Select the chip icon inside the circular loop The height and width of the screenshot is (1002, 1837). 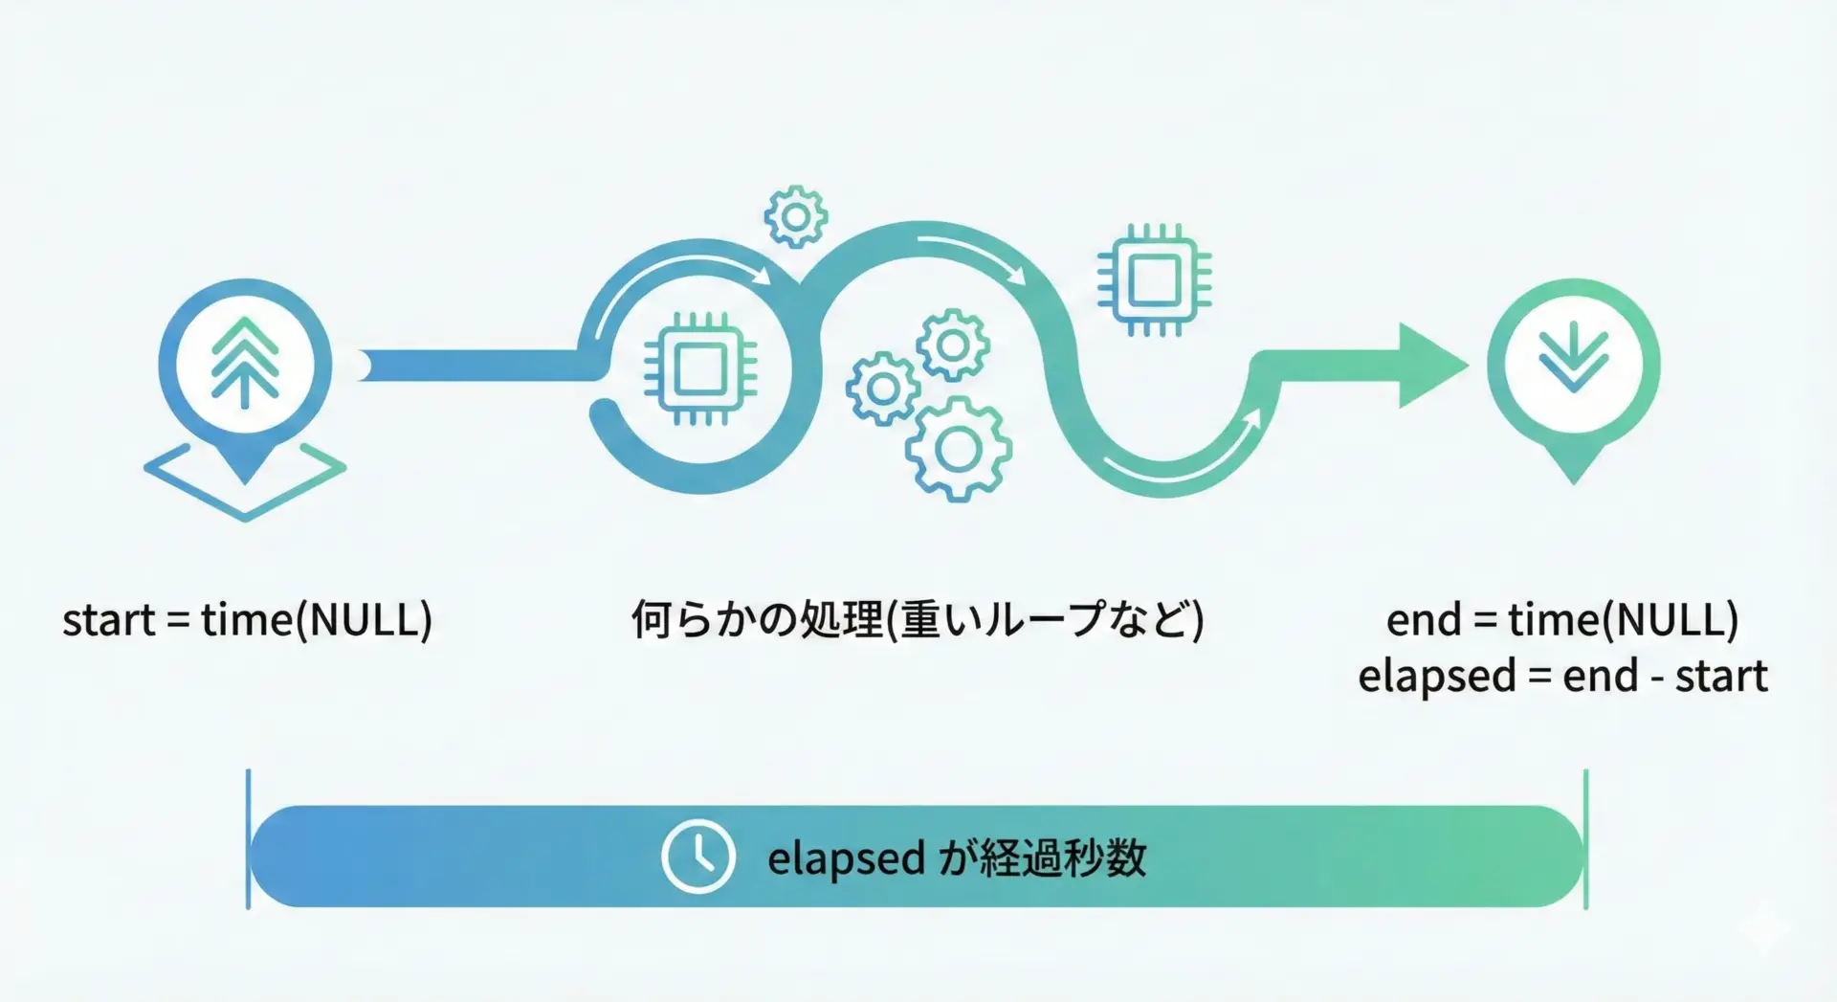pos(700,368)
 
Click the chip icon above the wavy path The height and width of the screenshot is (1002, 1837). pos(1154,279)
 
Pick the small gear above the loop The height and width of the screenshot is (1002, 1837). pos(796,217)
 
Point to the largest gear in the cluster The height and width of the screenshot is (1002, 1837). pos(958,449)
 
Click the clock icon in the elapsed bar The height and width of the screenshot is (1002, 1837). pos(698,857)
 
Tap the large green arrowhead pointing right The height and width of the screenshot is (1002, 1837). pos(1432,366)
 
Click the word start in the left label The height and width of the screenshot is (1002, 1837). pos(108,620)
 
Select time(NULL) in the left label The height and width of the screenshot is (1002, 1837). pos(317,620)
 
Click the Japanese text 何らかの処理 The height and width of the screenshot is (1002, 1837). pos(757,620)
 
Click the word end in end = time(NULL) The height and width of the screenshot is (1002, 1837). pos(1424,620)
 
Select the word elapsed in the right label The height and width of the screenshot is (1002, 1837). pos(1437,677)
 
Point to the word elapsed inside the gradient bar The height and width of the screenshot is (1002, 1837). pos(846,858)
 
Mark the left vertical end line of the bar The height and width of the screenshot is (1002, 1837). pos(248,838)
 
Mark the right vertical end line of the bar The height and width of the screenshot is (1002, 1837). pos(1585,838)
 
